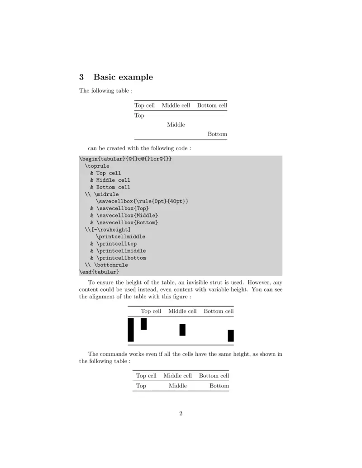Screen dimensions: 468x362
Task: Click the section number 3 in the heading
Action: coord(82,77)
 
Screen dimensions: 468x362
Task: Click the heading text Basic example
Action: coord(123,77)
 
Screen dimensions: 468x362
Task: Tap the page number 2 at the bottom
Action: coord(181,413)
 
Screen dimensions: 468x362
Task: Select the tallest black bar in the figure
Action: coord(131,330)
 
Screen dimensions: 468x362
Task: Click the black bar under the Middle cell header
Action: coord(182,330)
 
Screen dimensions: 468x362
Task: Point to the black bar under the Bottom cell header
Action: coord(231,336)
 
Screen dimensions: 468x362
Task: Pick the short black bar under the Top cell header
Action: coord(144,324)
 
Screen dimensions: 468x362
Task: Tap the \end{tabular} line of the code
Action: coord(99,272)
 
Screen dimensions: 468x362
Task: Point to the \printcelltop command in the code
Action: coord(116,244)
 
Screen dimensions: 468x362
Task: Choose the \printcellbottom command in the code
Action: coord(121,258)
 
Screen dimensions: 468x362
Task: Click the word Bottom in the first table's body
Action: coord(217,134)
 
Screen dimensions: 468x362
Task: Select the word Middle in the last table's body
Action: coord(177,386)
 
